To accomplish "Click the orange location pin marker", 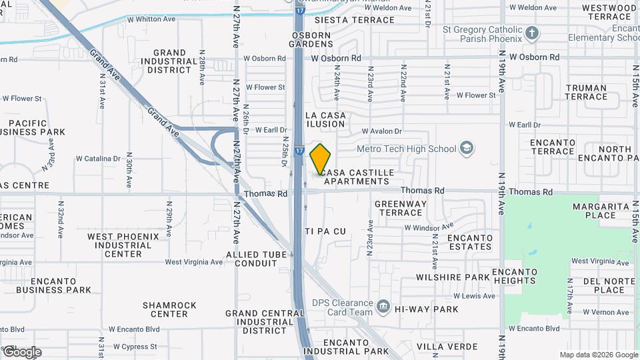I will pyautogui.click(x=321, y=159).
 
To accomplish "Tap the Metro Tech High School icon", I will pyautogui.click(x=467, y=148).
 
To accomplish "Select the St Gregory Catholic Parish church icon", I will pyautogui.click(x=531, y=33).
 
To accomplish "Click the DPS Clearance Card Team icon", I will pyautogui.click(x=383, y=307).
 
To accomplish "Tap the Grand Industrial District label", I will pyautogui.click(x=169, y=61).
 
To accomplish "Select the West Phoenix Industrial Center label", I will pyautogui.click(x=123, y=245).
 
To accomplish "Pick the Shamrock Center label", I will pyautogui.click(x=169, y=309).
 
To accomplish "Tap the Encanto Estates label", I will pyautogui.click(x=470, y=242).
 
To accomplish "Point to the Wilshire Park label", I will pyautogui.click(x=453, y=277).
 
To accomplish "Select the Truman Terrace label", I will pyautogui.click(x=586, y=92).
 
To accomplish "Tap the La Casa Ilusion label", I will pyautogui.click(x=325, y=120).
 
